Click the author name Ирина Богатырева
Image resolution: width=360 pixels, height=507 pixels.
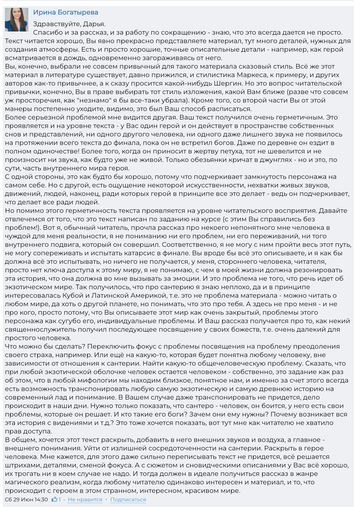tap(65, 12)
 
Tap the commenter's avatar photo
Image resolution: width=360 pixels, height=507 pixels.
tap(17, 20)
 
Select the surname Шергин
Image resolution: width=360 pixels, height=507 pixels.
tap(227, 83)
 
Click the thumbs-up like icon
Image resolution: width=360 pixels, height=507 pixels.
tap(54, 500)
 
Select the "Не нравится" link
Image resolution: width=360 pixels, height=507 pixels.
tap(85, 500)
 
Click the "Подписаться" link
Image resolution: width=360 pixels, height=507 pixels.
tap(128, 500)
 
